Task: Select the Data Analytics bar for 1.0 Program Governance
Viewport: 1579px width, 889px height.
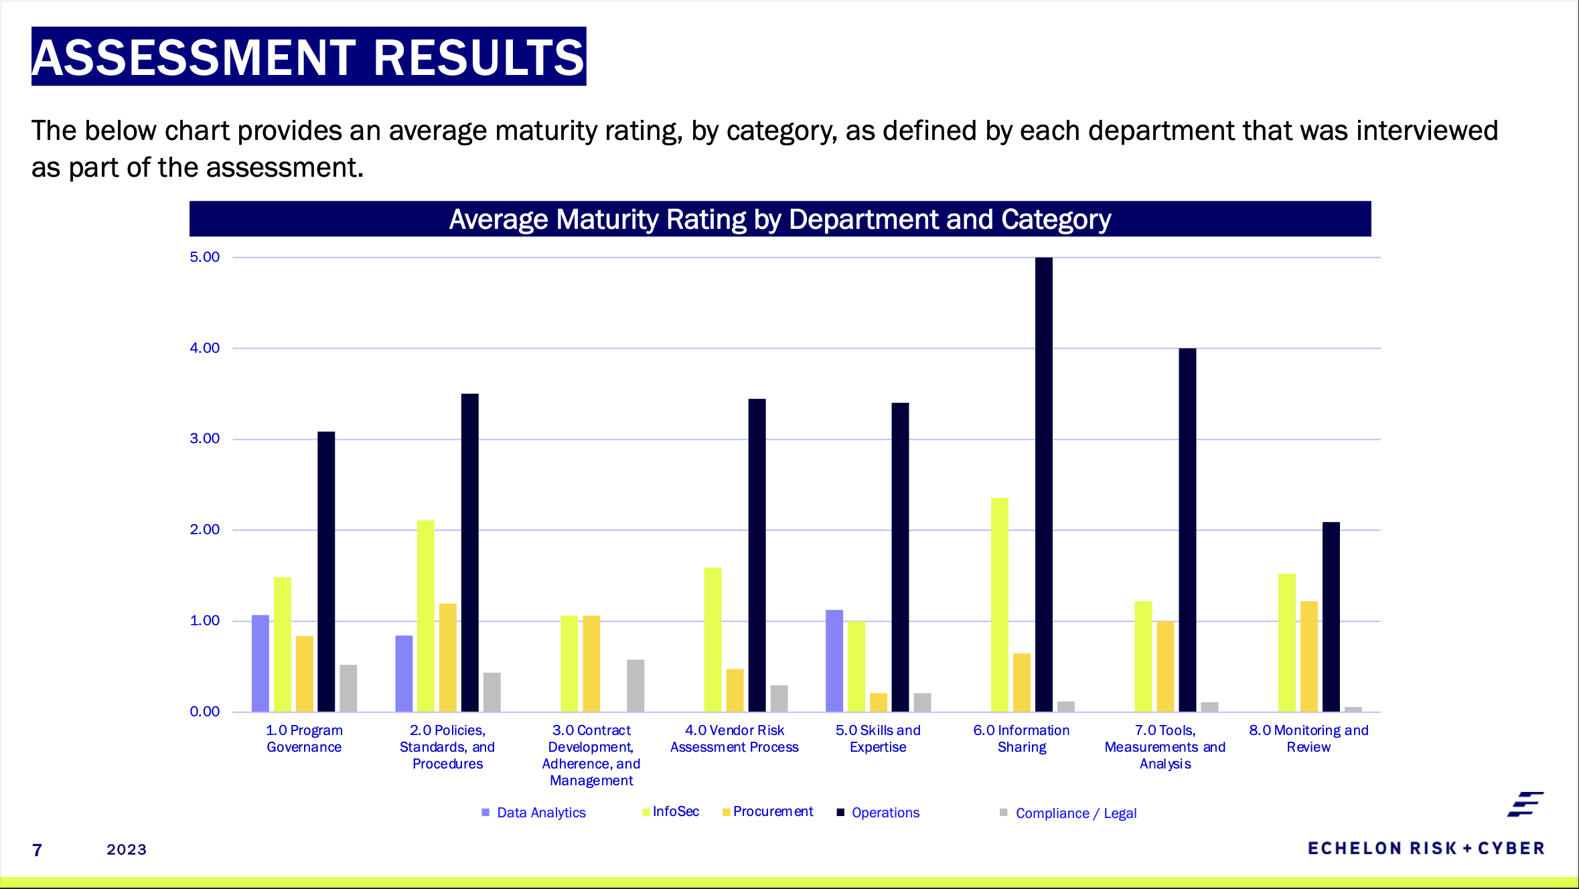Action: (260, 663)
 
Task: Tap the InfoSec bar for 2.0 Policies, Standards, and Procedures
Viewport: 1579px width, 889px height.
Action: (426, 616)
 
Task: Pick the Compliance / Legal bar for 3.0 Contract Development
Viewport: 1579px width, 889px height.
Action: (635, 685)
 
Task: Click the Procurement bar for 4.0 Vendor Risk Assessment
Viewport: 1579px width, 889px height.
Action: (735, 690)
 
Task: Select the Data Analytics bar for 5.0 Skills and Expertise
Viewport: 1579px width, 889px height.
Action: (834, 661)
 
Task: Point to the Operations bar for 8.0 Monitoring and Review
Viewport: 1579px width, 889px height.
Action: (1331, 617)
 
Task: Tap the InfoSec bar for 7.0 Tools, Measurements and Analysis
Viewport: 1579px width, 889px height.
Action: (1143, 656)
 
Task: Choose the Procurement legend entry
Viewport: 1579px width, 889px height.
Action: (772, 811)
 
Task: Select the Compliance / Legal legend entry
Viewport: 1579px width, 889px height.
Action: (1075, 813)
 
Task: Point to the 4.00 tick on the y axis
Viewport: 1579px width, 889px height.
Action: (204, 348)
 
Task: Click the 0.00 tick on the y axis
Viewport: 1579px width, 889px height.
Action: (204, 712)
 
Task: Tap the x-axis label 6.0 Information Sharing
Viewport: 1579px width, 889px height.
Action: (1021, 738)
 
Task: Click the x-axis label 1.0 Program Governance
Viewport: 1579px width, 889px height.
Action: (304, 738)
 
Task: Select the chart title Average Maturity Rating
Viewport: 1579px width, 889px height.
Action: (779, 220)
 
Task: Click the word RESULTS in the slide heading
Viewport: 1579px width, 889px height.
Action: (478, 58)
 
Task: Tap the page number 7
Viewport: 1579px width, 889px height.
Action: (37, 850)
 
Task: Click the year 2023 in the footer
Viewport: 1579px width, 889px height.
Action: (127, 850)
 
